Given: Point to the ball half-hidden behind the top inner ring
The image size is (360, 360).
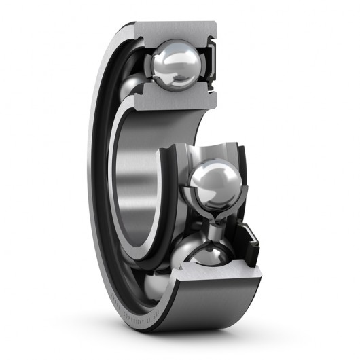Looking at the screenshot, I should tap(133, 86).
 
